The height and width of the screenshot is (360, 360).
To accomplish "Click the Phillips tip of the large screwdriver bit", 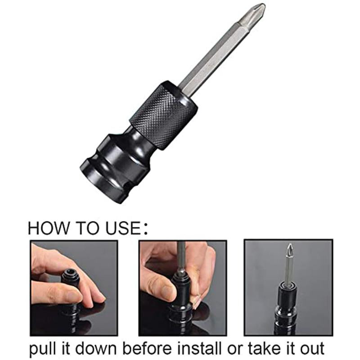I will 255,13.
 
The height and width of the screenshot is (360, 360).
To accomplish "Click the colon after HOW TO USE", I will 144,229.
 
